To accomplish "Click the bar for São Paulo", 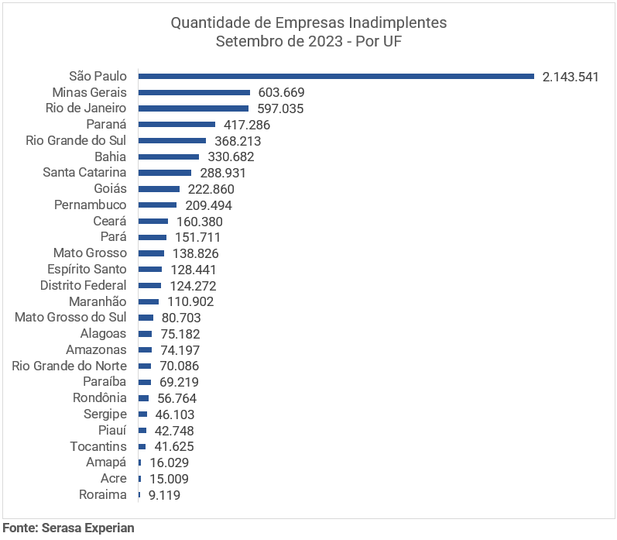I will pos(336,76).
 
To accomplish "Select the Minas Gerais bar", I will pos(194,92).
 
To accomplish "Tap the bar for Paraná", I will pos(177,124).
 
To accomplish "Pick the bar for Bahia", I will pos(168,156).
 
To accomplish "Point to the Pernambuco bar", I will pos(157,205).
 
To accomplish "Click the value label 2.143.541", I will pos(571,77).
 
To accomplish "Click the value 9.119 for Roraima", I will pos(164,495).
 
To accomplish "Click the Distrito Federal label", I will pos(83,285).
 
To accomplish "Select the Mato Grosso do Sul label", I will pos(70,317).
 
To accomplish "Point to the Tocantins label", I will pos(98,446).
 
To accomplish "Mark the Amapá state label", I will pos(106,463).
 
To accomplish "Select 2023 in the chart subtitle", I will pos(323,41).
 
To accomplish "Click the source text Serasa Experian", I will pos(94,528).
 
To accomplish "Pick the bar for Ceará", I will pos(153,221).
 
